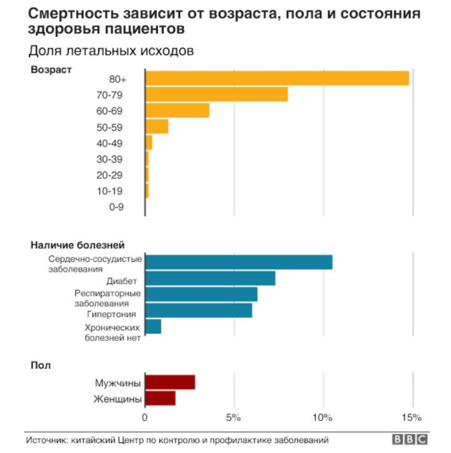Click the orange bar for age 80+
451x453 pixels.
pos(277,78)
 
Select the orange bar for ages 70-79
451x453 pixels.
pos(216,95)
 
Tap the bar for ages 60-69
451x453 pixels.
pos(177,110)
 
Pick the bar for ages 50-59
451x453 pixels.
pos(157,127)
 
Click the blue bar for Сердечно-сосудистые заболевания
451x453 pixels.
pos(238,262)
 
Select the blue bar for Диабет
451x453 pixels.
pos(210,278)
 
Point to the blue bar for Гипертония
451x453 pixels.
pos(198,311)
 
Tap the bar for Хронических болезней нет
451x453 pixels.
pos(153,327)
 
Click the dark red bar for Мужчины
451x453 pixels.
pos(170,383)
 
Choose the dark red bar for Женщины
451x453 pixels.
pos(160,398)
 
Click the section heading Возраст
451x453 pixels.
pos(51,69)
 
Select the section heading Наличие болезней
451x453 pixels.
pos(77,245)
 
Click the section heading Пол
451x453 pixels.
pos(40,365)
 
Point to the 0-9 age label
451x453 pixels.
pos(116,207)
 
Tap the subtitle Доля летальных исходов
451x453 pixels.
pos(111,51)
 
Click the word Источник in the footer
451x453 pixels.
pos(45,440)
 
